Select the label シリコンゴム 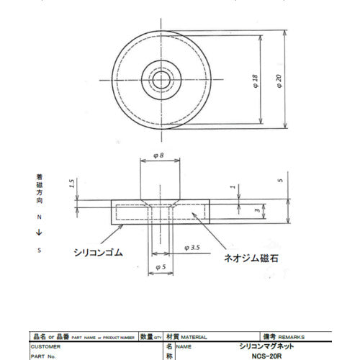click(x=99, y=253)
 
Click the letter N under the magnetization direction click(x=40, y=215)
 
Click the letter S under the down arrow click(x=40, y=250)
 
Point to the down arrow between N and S click(x=40, y=232)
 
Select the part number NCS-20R click(x=271, y=355)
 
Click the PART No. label click(x=42, y=355)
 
